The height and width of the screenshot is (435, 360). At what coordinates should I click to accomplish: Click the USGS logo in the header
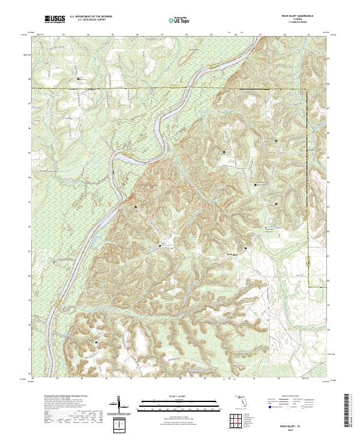click(55, 20)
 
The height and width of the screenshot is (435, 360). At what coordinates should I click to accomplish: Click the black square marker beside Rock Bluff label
click(245, 248)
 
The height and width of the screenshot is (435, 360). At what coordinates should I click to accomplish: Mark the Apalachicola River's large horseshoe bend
click(129, 157)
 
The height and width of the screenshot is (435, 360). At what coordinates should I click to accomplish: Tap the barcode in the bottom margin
click(348, 413)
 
